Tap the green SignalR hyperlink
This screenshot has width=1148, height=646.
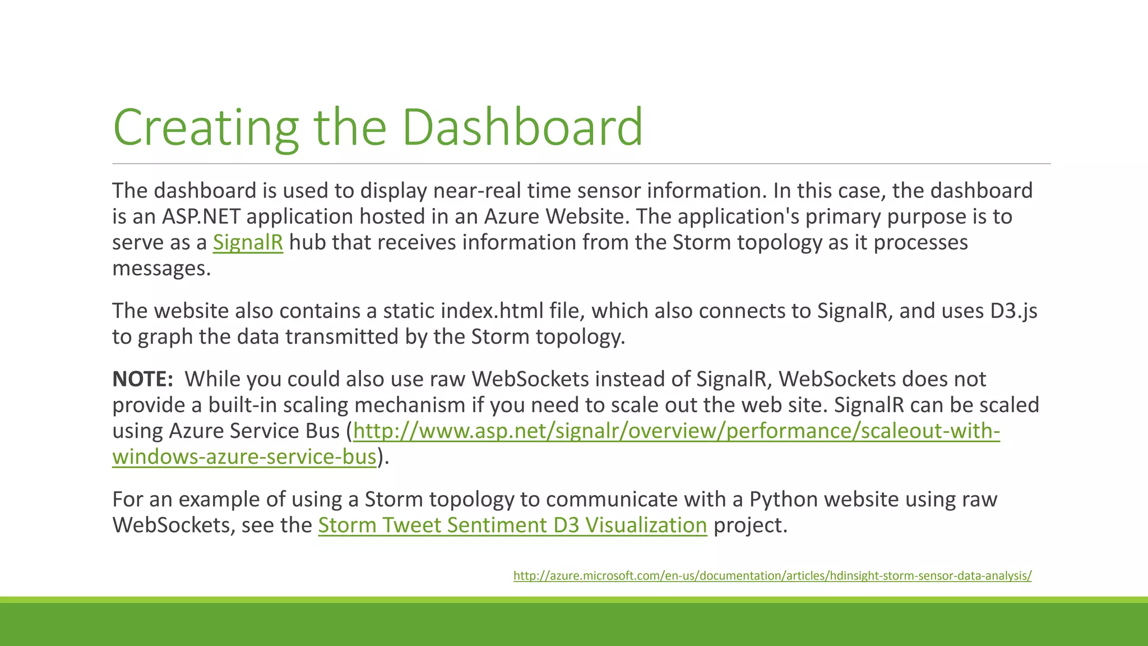(x=248, y=242)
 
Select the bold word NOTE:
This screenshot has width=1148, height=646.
(x=143, y=379)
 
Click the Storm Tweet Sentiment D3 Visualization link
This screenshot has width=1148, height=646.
(x=512, y=525)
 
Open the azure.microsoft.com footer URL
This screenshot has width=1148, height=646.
(x=772, y=575)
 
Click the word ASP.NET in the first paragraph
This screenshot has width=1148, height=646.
(x=201, y=216)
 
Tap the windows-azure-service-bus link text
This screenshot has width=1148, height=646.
(x=244, y=456)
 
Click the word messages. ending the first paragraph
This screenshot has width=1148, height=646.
(x=161, y=269)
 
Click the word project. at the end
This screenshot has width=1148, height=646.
(x=751, y=525)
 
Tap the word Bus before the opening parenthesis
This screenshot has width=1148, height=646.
(x=322, y=431)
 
